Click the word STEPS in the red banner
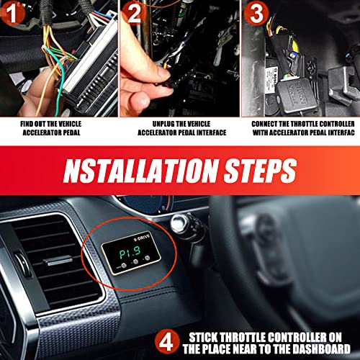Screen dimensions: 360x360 pyautogui.click(x=254, y=174)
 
